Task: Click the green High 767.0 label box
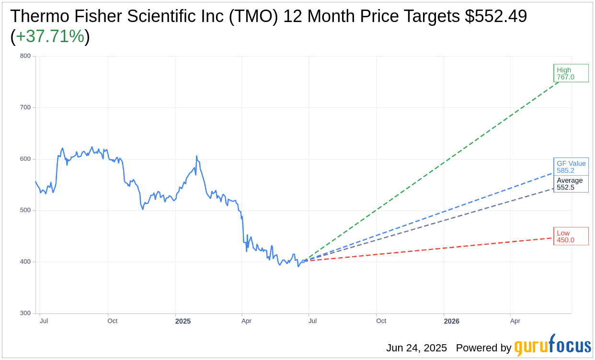[571, 73]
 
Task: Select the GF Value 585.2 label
[571, 167]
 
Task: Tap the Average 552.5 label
[571, 184]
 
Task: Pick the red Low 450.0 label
[571, 236]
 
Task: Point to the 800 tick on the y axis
[25, 56]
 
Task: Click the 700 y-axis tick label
[25, 107]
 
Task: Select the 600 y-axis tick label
[25, 159]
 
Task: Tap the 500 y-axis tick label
[25, 210]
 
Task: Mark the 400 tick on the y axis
[25, 262]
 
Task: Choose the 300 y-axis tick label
[25, 313]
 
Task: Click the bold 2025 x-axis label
[183, 321]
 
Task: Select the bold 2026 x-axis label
[451, 321]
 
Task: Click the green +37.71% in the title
[50, 36]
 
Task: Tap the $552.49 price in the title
[496, 16]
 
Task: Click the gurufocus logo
[552, 346]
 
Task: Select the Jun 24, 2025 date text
[416, 348]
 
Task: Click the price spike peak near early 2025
[196, 156]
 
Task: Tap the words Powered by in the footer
[483, 348]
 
